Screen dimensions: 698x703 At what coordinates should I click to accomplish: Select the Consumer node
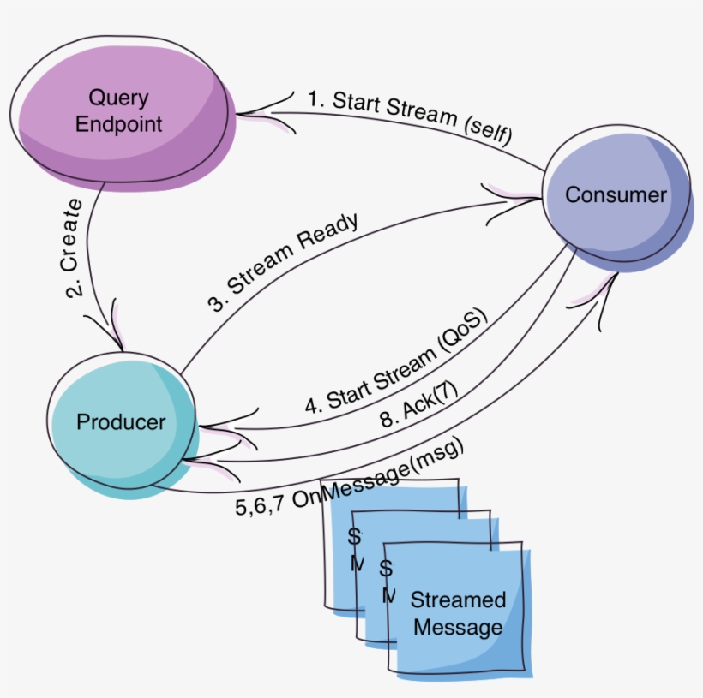[615, 196]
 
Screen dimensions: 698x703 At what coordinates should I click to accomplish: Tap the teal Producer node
[121, 422]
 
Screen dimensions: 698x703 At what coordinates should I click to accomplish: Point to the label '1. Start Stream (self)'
[410, 114]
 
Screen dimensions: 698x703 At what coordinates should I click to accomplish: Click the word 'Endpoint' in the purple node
[118, 123]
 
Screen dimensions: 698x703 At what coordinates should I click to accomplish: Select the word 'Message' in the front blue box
[457, 628]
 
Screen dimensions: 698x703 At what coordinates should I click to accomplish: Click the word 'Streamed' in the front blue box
[458, 600]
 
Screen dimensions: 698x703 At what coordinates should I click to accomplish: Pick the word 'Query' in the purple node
[119, 98]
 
